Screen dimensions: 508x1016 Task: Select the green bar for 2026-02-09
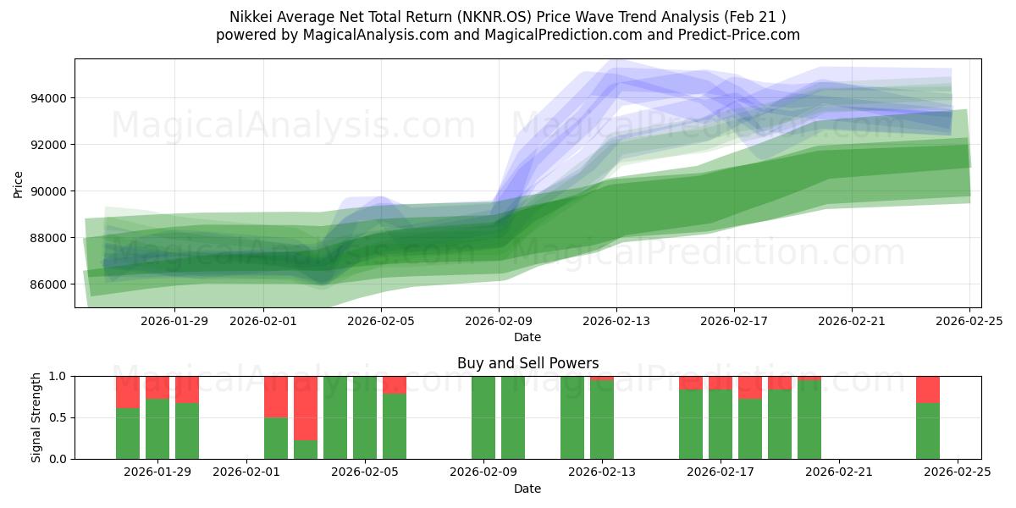[x=483, y=417]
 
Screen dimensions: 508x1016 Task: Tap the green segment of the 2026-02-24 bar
[x=928, y=431]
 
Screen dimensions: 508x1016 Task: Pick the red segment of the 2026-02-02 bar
[x=276, y=396]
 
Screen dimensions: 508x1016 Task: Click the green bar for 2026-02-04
[x=335, y=417]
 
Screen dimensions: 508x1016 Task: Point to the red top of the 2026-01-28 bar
[x=128, y=392]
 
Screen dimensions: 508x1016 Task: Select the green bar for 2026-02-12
[x=572, y=417]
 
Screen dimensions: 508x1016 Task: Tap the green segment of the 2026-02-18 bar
[x=750, y=428]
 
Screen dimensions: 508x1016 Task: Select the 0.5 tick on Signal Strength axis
[x=58, y=417]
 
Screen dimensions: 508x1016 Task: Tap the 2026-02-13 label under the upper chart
[x=616, y=321]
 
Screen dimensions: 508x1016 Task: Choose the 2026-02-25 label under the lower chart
[x=958, y=472]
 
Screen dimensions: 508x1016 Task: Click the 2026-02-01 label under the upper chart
[x=263, y=321]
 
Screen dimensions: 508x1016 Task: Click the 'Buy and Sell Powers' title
[x=527, y=363]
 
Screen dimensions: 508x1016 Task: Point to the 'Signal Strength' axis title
[x=36, y=417]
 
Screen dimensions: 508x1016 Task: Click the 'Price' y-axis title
[x=19, y=183]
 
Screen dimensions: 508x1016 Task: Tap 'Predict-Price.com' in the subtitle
[x=739, y=35]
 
